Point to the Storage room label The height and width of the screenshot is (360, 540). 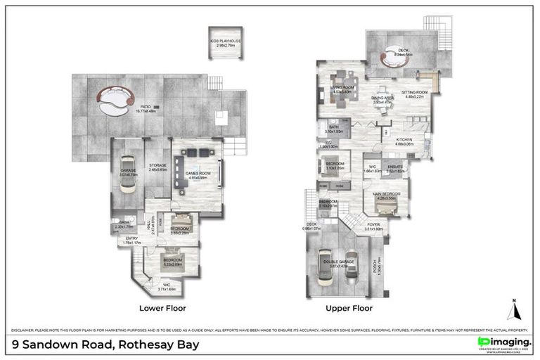tap(157, 167)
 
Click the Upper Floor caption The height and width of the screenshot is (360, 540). tap(349, 308)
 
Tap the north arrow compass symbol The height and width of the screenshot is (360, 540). tap(513, 309)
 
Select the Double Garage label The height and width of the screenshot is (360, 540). tap(338, 264)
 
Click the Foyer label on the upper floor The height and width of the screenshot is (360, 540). tap(373, 226)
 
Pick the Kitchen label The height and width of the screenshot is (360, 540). tap(403, 141)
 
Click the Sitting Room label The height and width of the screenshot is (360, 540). tap(414, 94)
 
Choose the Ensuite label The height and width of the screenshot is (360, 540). tap(397, 168)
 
